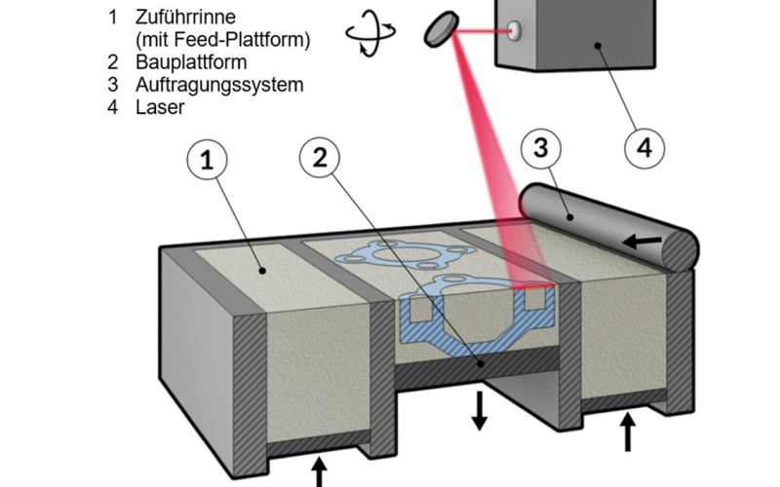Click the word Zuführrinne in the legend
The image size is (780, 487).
(x=187, y=19)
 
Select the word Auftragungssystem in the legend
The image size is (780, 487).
(x=218, y=85)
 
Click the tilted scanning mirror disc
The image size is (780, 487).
(x=442, y=26)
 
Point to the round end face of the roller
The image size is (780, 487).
(x=680, y=249)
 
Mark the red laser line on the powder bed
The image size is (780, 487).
(x=534, y=288)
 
